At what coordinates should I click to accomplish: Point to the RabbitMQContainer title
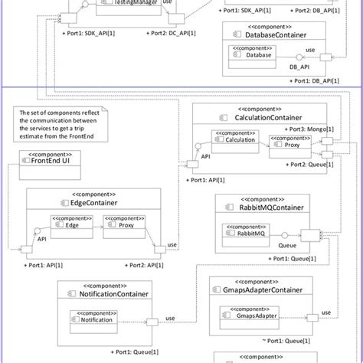coord(264,207)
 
